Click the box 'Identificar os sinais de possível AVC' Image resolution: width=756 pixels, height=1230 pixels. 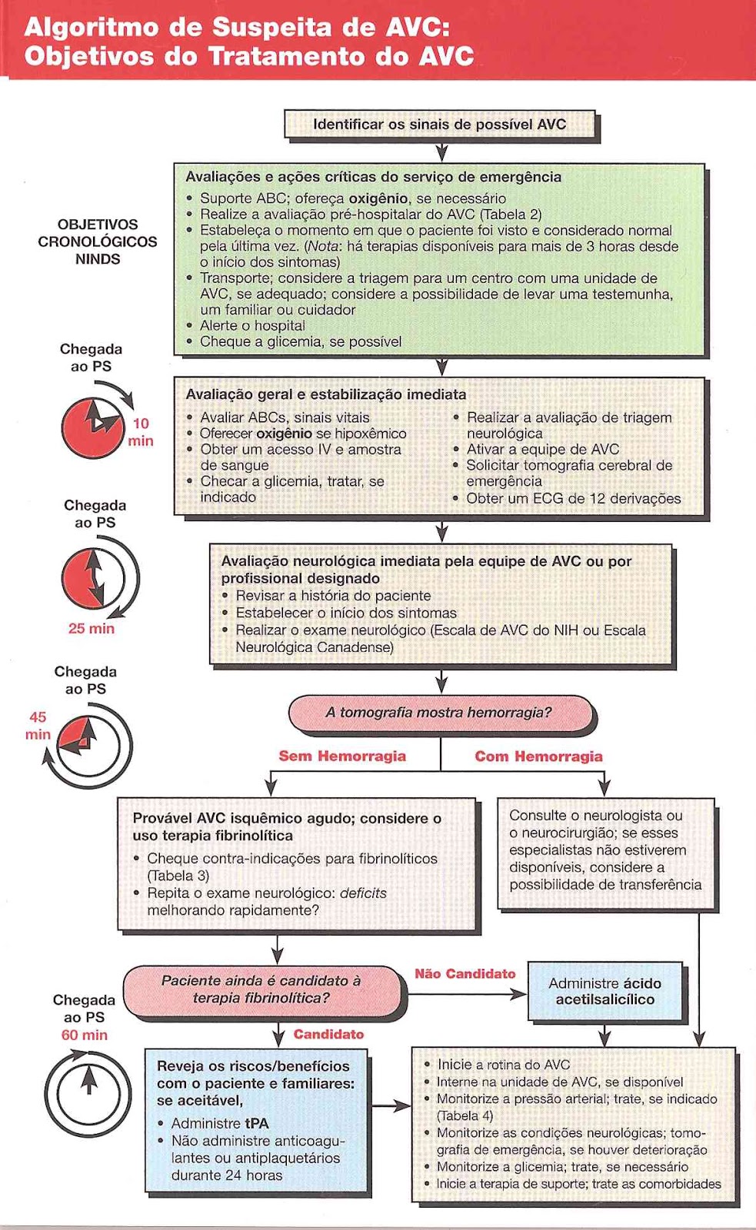click(x=439, y=125)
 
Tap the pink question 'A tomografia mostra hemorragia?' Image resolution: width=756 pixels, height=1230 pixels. click(x=439, y=713)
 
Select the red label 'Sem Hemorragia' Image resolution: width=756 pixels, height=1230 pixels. click(x=342, y=756)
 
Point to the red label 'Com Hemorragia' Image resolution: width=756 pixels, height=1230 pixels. click(x=538, y=756)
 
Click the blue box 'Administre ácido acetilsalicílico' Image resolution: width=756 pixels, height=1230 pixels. click(x=604, y=992)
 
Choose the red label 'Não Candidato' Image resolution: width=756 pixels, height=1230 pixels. click(x=465, y=974)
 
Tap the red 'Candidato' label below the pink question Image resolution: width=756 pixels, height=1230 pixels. click(x=328, y=1034)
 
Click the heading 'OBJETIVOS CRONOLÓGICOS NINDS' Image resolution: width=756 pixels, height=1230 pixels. click(x=98, y=241)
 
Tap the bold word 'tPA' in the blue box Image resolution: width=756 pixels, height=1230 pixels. click(x=257, y=1123)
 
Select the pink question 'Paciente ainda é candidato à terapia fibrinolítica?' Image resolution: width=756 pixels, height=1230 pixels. click(x=261, y=989)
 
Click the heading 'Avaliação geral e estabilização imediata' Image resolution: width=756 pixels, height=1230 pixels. click(x=325, y=394)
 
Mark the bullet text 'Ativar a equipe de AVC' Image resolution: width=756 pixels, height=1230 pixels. click(x=542, y=449)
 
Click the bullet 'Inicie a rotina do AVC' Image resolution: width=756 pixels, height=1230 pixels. click(x=504, y=1065)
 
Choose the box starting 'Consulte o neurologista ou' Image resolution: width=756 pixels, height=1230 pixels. click(x=605, y=850)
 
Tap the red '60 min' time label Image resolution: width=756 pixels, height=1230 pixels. click(x=84, y=1035)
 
